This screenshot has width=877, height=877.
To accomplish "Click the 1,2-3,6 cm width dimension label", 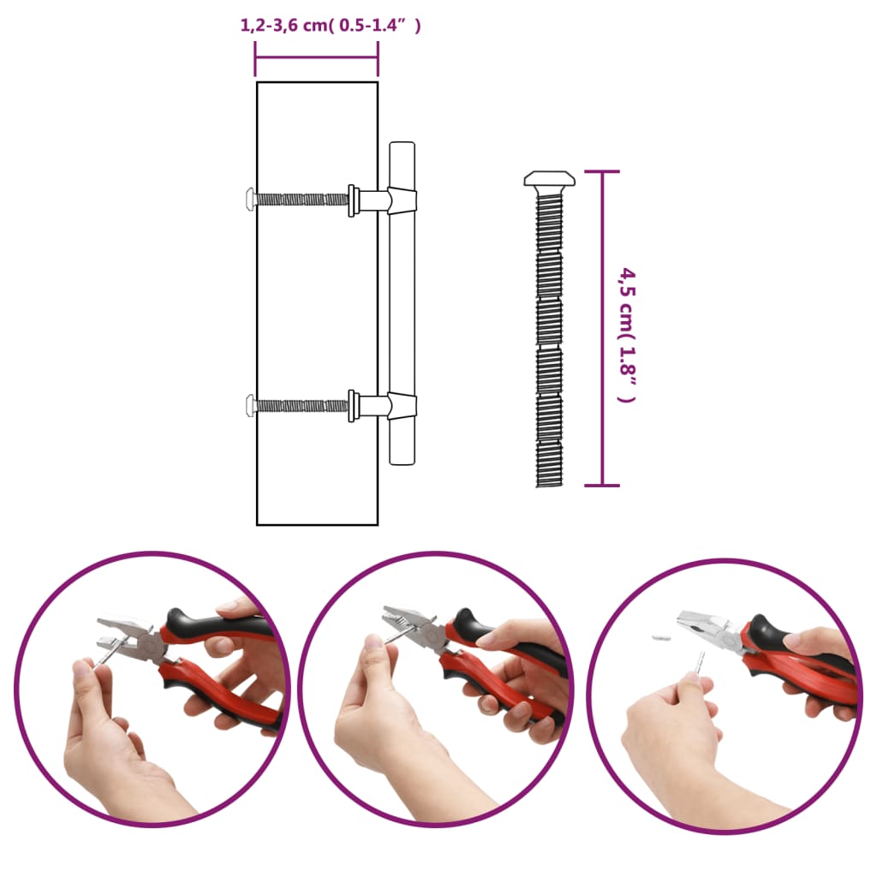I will tap(331, 26).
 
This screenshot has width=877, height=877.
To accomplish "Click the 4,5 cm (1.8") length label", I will tap(629, 335).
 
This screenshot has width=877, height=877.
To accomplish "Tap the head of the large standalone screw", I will tap(549, 179).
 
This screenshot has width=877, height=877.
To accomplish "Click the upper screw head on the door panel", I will tap(250, 199).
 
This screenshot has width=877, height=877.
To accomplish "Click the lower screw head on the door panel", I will tap(250, 405).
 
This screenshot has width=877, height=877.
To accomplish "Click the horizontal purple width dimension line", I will tap(316, 57).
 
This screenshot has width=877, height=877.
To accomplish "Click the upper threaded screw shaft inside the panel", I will tap(300, 200).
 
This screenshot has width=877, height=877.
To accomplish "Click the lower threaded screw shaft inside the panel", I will tap(300, 405).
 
